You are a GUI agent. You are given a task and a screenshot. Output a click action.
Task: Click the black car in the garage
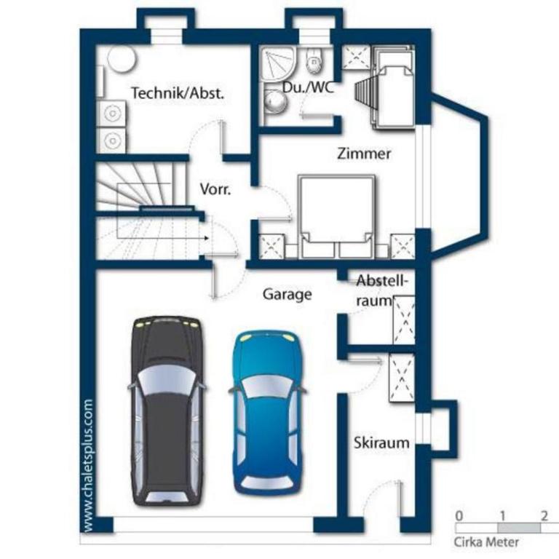tap(167, 411)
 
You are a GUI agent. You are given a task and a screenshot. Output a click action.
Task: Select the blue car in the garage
tap(267, 413)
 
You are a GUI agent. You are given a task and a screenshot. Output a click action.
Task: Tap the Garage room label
tap(288, 295)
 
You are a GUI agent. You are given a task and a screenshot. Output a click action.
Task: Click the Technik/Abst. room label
tap(178, 93)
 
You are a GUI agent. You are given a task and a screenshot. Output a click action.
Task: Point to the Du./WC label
tap(309, 87)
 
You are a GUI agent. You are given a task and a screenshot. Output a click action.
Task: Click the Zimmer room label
tap(364, 154)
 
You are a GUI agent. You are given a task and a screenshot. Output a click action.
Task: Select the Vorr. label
tap(215, 189)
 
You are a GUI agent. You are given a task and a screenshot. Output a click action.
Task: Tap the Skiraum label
tap(381, 443)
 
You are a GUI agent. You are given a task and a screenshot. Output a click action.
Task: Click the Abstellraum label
tap(381, 290)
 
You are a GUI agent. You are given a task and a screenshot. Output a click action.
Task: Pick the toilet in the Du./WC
tap(314, 60)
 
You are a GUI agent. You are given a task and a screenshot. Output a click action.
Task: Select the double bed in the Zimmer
tap(336, 216)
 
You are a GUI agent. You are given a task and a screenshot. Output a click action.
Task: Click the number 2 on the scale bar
tap(544, 515)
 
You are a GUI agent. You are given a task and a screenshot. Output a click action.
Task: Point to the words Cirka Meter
tap(486, 542)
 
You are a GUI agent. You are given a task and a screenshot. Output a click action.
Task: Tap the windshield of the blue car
tap(267, 386)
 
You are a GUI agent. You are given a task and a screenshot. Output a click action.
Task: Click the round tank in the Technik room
tap(122, 59)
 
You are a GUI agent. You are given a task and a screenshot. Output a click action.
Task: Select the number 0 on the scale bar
tap(459, 515)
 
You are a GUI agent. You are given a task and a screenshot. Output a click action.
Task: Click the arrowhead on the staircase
tap(207, 238)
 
